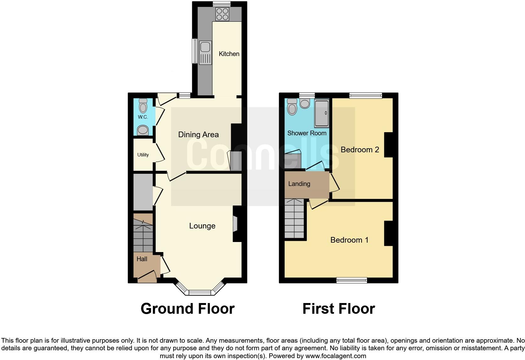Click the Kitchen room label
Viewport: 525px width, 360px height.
(229, 54)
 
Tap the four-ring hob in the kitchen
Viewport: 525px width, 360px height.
(222, 14)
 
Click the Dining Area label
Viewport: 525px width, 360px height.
(198, 135)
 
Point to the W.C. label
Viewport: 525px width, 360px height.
(143, 117)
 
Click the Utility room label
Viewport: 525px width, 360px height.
(143, 155)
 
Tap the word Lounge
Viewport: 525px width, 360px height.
(202, 226)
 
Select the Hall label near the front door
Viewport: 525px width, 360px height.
(142, 259)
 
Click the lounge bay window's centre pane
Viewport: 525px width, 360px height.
(200, 293)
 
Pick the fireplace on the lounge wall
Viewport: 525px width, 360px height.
(235, 224)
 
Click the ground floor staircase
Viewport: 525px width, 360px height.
(143, 236)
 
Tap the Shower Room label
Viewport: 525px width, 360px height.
(307, 133)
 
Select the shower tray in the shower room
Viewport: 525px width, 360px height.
(322, 113)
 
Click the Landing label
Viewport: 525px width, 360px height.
(299, 184)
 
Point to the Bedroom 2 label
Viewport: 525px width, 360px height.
(360, 150)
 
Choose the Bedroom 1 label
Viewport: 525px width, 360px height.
(349, 240)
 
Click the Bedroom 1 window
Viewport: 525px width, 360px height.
(351, 280)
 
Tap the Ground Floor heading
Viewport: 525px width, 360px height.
(187, 309)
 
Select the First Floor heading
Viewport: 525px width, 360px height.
(338, 309)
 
